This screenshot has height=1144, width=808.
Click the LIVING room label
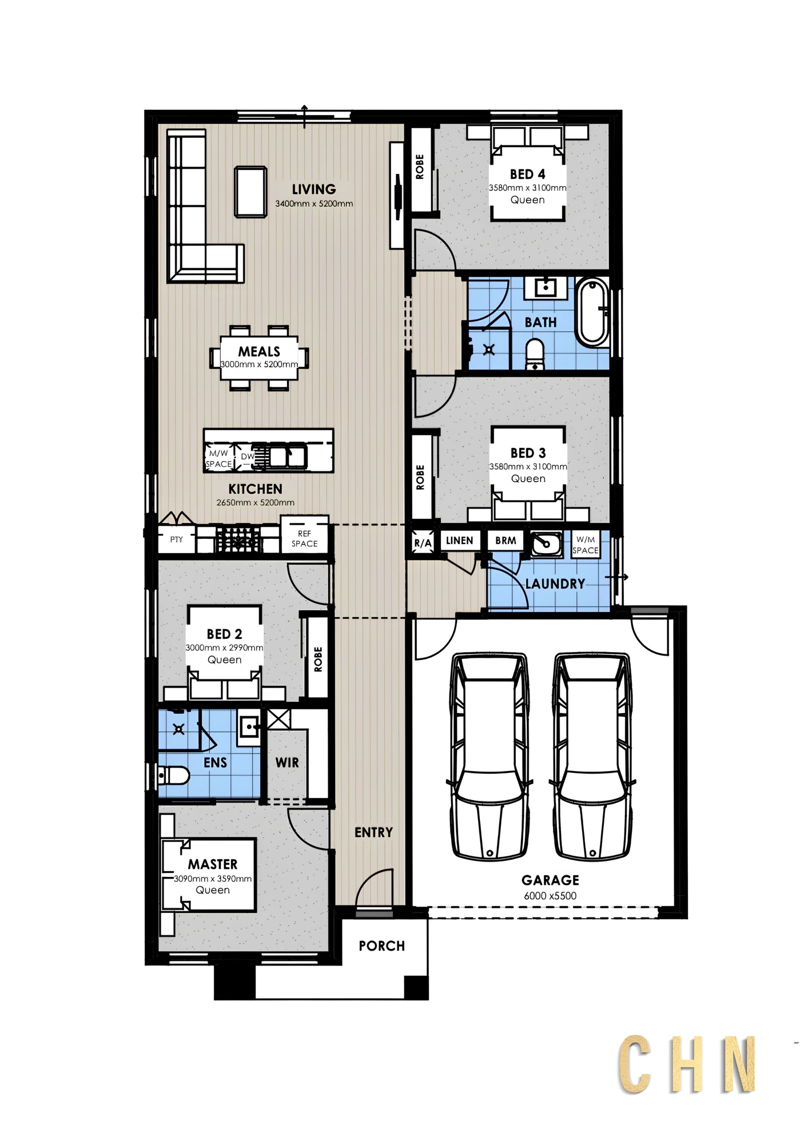313,189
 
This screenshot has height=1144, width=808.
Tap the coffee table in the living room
251,192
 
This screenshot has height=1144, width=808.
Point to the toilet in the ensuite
174,776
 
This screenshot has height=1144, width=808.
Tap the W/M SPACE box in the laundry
586,545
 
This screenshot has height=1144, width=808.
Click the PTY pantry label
177,539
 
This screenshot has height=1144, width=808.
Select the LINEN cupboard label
460,541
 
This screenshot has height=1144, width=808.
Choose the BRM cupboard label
506,541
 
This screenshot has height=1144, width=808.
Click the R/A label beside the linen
423,543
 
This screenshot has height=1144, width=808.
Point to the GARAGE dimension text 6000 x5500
550,896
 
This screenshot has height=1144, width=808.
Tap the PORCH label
382,946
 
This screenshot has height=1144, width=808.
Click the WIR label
287,762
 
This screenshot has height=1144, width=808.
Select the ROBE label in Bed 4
420,167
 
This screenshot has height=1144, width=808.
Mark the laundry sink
546,544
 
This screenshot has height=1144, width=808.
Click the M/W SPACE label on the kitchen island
219,459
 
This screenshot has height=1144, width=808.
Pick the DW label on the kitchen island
248,456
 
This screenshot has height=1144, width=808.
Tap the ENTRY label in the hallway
373,832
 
